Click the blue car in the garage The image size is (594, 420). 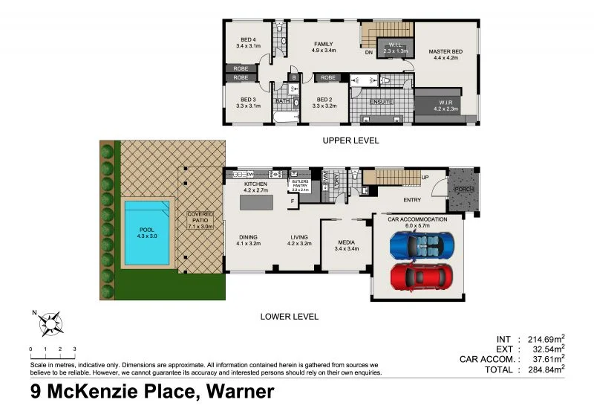click(x=421, y=245)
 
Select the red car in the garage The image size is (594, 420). click(x=421, y=276)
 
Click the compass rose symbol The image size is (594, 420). click(x=52, y=323)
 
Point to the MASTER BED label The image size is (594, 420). click(x=446, y=51)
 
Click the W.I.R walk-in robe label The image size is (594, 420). click(x=446, y=104)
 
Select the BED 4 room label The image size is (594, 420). click(x=249, y=41)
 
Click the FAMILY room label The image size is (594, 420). click(x=324, y=44)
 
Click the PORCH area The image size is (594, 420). click(x=465, y=190)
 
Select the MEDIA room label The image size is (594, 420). click(x=347, y=242)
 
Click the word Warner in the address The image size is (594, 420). click(x=235, y=392)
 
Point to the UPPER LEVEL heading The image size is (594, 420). click(x=350, y=140)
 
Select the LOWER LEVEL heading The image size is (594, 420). click(x=289, y=317)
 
